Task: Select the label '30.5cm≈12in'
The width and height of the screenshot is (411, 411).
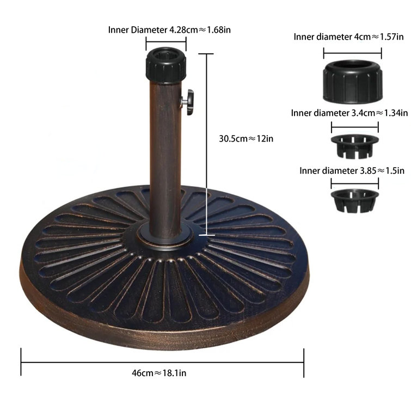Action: [246, 138]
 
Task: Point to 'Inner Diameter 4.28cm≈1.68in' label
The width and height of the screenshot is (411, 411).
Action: [169, 29]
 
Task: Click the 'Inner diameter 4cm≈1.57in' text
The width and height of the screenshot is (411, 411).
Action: [348, 37]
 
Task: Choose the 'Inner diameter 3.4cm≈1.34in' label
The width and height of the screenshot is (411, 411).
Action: [349, 113]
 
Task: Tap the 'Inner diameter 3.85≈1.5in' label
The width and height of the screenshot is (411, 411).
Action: [352, 170]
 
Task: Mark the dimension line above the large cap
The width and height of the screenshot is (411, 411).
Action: [353, 52]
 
